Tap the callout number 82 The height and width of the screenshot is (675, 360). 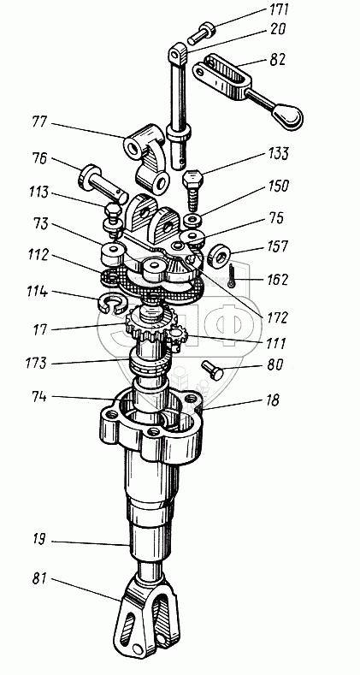pyautogui.click(x=276, y=59)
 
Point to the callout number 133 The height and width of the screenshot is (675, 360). pyautogui.click(x=278, y=154)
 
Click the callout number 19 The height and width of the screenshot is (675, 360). pyautogui.click(x=38, y=539)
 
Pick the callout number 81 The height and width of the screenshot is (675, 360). pyautogui.click(x=40, y=578)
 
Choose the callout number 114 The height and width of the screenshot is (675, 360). pyautogui.click(x=37, y=292)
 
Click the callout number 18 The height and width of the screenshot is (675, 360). pyautogui.click(x=272, y=400)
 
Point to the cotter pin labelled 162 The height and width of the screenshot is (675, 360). pyautogui.click(x=233, y=275)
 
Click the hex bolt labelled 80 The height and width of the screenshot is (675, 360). pyautogui.click(x=212, y=370)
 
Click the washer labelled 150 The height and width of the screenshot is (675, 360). pyautogui.click(x=193, y=220)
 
